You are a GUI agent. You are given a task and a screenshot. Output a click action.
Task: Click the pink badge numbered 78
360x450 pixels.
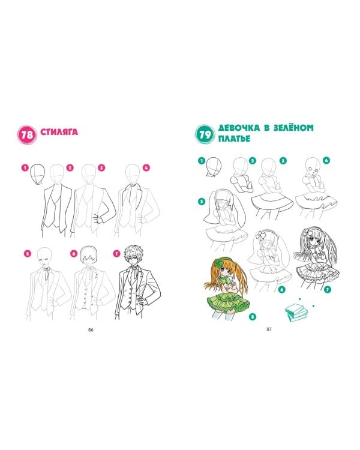coord(27,134)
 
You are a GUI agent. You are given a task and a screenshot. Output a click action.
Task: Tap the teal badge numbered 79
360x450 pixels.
coord(205,134)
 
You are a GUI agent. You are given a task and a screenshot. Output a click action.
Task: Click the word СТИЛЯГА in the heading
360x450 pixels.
coord(59,132)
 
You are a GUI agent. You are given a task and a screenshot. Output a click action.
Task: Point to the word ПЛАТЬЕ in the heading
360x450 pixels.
coord(234,139)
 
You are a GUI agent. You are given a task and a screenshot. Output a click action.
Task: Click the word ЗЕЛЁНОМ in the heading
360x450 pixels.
coord(293,127)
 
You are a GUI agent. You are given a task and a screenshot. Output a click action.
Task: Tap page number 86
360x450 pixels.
coord(91,330)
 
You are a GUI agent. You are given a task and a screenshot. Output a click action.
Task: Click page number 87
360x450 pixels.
coord(269,329)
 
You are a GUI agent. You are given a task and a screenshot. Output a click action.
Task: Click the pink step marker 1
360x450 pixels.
coord(25,167)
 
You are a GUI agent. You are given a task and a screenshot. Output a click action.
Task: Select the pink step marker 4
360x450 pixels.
coord(146,167)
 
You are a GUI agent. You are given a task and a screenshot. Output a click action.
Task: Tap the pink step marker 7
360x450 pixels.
coord(116,254)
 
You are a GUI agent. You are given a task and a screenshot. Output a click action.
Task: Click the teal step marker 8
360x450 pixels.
coord(253,317)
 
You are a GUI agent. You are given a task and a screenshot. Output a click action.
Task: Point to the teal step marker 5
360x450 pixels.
coord(202,202)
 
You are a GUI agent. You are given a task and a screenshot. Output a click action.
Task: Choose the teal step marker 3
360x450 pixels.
coord(283,160)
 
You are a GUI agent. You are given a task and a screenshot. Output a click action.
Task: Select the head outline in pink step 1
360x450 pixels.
coord(38,173)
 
